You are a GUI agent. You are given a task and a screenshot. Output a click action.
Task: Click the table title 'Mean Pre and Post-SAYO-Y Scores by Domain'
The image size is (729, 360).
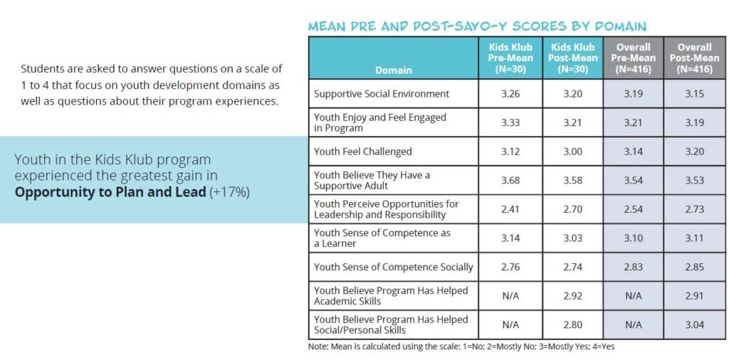476,26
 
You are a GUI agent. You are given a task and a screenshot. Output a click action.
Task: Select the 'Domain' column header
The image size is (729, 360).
393,70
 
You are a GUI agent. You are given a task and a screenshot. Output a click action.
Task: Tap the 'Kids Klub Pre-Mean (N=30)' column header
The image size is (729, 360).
510,58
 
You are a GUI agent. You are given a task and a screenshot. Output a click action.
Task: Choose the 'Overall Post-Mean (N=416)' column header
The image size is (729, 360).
694,58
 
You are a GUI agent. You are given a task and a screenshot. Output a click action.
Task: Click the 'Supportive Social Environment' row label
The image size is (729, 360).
382,94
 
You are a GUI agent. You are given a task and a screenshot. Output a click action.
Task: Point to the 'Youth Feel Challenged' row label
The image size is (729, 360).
362,152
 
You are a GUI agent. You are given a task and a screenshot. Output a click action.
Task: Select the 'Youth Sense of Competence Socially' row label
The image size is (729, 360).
393,267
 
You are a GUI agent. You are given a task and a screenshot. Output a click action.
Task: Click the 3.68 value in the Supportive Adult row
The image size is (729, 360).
510,180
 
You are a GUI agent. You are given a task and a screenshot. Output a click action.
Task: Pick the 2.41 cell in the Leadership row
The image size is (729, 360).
510,209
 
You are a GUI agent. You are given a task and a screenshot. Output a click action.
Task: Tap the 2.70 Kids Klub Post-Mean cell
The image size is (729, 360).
572,209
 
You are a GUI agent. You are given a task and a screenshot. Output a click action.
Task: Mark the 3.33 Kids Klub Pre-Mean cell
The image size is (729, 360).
510,122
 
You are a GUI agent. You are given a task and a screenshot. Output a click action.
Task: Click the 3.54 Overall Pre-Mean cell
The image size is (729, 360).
633,180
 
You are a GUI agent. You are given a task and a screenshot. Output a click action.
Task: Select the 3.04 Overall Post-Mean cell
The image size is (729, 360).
694,324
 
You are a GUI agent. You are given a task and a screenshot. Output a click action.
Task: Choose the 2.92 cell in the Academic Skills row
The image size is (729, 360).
572,296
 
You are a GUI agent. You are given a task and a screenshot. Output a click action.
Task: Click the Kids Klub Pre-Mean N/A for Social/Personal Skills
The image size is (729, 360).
510,324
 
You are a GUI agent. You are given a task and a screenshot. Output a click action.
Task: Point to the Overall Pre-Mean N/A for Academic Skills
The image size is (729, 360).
633,296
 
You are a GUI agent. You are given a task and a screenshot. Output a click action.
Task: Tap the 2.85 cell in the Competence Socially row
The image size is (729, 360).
694,267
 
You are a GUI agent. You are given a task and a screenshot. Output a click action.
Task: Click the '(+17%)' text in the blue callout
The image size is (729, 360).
229,192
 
